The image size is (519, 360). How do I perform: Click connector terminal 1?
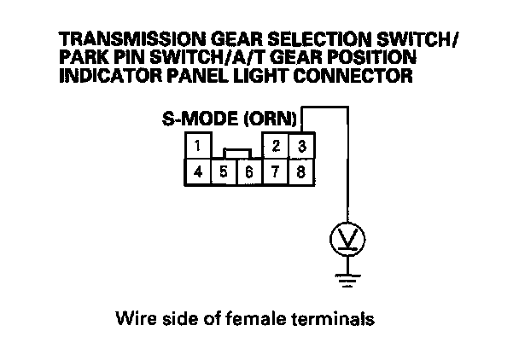pos(198,146)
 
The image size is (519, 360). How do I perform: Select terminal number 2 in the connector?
pos(276,146)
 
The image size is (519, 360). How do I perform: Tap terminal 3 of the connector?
pos(301,146)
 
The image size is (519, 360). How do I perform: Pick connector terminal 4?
pos(198,171)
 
